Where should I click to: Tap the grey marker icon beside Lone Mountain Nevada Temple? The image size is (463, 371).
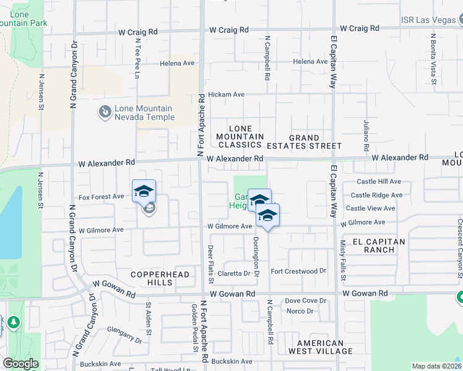[104, 112]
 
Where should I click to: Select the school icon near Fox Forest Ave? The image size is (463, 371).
[144, 191]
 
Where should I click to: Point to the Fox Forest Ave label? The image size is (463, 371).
[101, 197]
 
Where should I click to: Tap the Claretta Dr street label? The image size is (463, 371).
[233, 273]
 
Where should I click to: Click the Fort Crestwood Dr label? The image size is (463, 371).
[298, 271]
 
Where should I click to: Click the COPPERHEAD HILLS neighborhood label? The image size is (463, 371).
[152, 278]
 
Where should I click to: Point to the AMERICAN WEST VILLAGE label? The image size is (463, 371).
[320, 347]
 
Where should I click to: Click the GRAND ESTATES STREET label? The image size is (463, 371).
[304, 142]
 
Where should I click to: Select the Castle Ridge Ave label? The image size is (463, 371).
[376, 195]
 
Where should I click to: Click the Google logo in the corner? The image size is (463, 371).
[20, 364]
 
